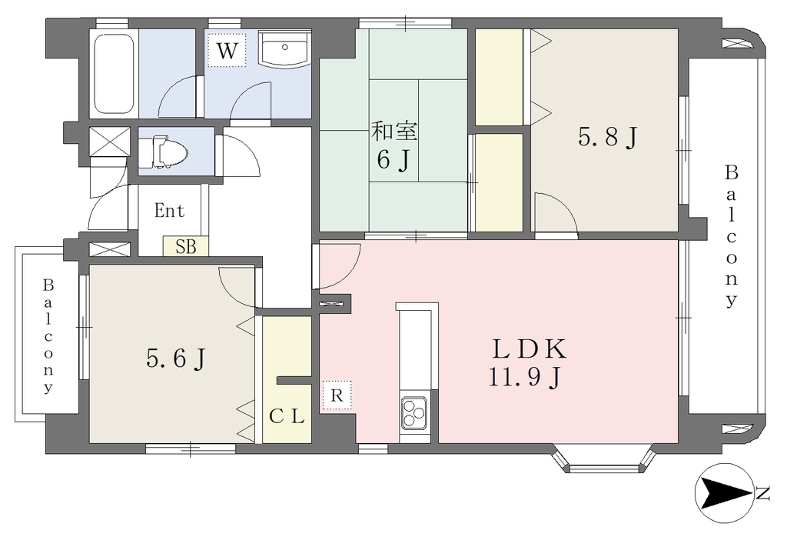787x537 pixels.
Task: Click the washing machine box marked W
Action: click(227, 50)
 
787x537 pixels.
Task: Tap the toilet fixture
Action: click(161, 152)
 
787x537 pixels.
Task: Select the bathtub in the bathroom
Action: click(114, 74)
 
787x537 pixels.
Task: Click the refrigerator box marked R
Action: click(337, 395)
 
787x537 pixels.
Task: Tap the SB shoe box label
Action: click(185, 247)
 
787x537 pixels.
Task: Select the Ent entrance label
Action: click(170, 211)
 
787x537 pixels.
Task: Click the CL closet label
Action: click(287, 416)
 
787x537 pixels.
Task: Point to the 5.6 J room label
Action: click(176, 359)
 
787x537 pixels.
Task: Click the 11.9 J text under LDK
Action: click(524, 377)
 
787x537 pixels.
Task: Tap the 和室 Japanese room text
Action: click(394, 132)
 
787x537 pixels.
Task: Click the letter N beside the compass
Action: click(763, 494)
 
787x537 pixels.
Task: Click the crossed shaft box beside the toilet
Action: click(109, 141)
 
